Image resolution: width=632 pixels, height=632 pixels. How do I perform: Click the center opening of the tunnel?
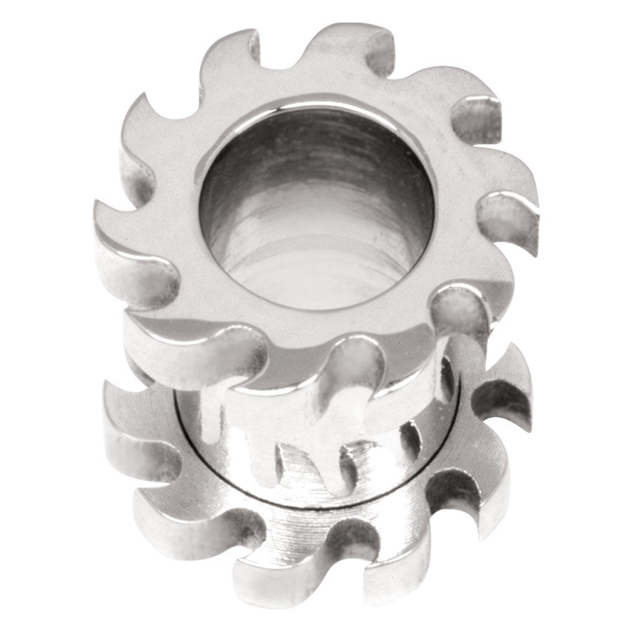click(x=316, y=211)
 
